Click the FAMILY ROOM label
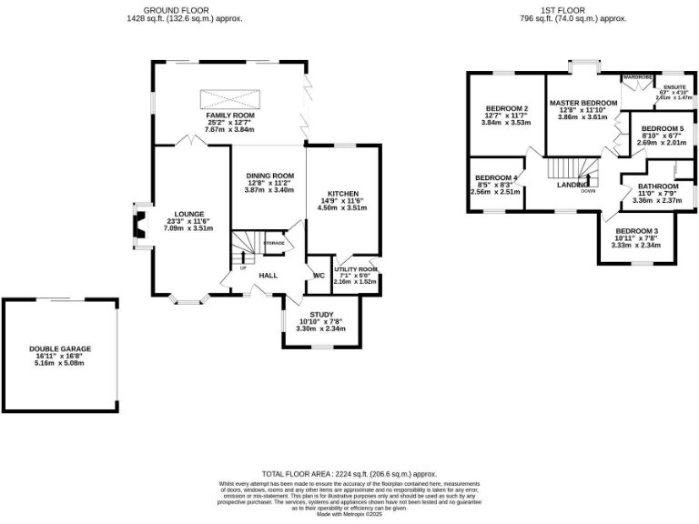(x=229, y=116)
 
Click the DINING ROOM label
(x=270, y=176)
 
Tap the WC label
(x=319, y=275)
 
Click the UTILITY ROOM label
(x=355, y=269)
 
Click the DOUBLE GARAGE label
(x=60, y=348)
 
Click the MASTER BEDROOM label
(x=582, y=103)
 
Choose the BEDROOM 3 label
(x=634, y=231)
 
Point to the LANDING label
(x=572, y=185)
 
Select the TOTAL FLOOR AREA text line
(x=349, y=474)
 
